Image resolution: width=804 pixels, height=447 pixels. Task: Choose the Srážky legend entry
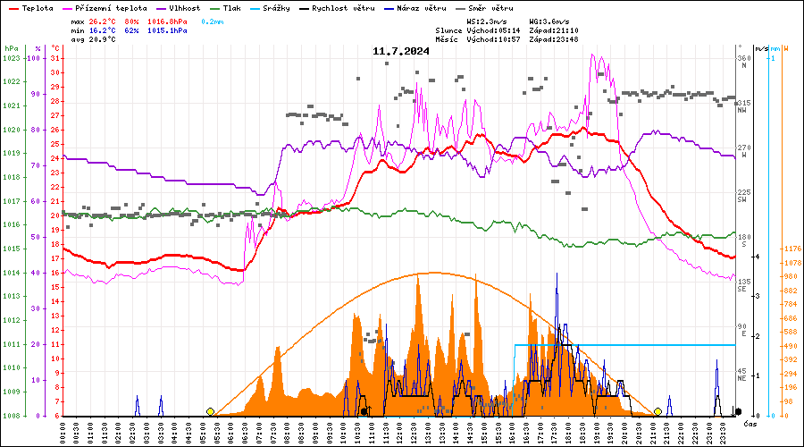pyautogui.click(x=275, y=8)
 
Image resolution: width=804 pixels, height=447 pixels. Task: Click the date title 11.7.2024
pyautogui.click(x=401, y=51)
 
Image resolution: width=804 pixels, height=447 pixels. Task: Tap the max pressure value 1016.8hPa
pyautogui.click(x=167, y=20)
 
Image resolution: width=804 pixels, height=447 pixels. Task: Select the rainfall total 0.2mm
pyautogui.click(x=213, y=20)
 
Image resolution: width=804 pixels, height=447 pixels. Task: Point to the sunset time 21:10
pyautogui.click(x=566, y=30)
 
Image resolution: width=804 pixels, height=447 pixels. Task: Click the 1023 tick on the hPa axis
pyautogui.click(x=11, y=58)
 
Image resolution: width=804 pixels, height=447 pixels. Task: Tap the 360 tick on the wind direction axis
pyautogui.click(x=743, y=58)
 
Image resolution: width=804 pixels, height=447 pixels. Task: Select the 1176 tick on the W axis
pyautogui.click(x=791, y=249)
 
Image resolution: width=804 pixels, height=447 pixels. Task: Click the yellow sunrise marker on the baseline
pyautogui.click(x=210, y=411)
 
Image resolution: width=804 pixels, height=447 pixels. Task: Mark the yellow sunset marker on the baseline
pyautogui.click(x=657, y=411)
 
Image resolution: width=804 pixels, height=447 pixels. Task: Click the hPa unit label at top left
pyautogui.click(x=11, y=48)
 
